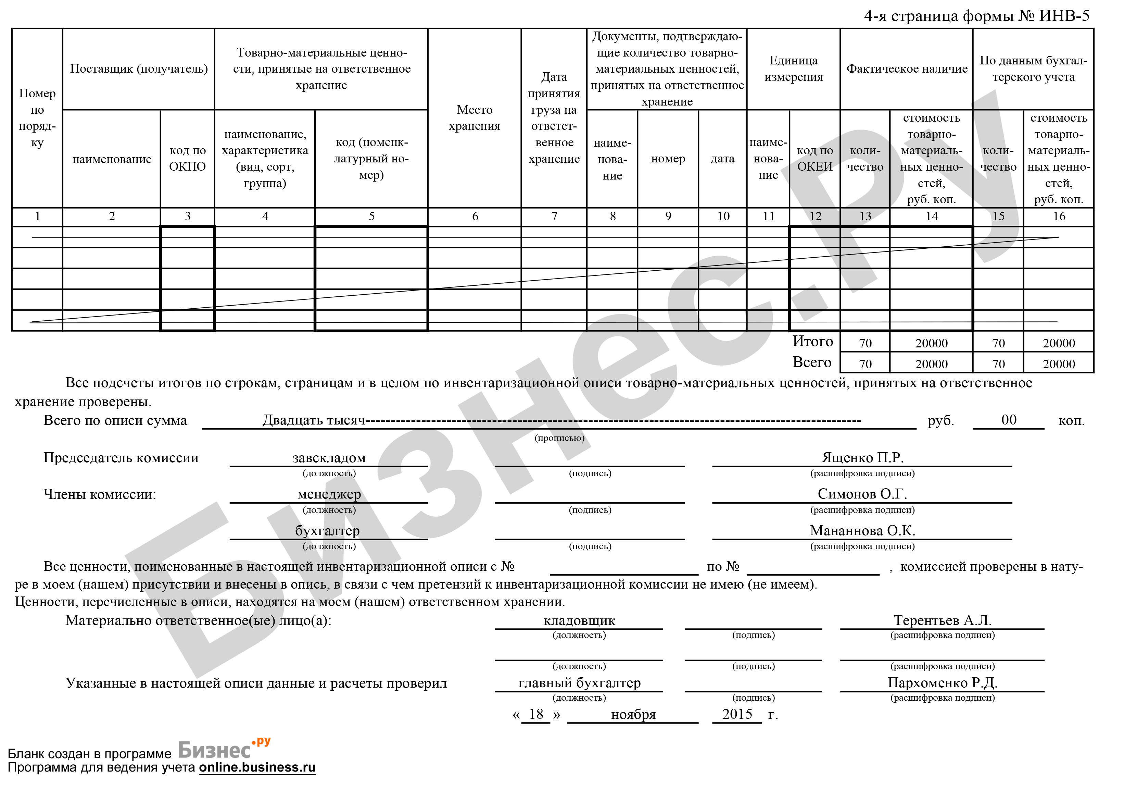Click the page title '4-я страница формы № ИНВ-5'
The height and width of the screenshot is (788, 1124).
pos(977,16)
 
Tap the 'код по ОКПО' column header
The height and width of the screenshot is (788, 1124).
pos(188,158)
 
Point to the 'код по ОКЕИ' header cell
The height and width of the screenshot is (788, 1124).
pos(814,158)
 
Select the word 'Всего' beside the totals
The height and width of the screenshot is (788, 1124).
pos(812,362)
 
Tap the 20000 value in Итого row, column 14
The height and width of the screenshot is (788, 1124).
pos(931,343)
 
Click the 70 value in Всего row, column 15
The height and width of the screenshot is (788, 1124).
pos(998,364)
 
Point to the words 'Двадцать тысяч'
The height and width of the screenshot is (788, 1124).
pos(314,420)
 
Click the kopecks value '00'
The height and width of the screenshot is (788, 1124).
pos(1009,420)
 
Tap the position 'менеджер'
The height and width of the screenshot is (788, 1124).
pos(329,494)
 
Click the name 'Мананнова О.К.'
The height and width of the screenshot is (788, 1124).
pos(862,530)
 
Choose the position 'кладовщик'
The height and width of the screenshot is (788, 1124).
pos(579,620)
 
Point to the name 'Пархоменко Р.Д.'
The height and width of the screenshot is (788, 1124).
pos(943,683)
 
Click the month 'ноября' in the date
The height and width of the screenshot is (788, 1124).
pos(633,715)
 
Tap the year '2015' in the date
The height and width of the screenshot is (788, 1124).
pos(737,714)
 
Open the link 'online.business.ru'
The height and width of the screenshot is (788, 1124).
pos(257,767)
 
